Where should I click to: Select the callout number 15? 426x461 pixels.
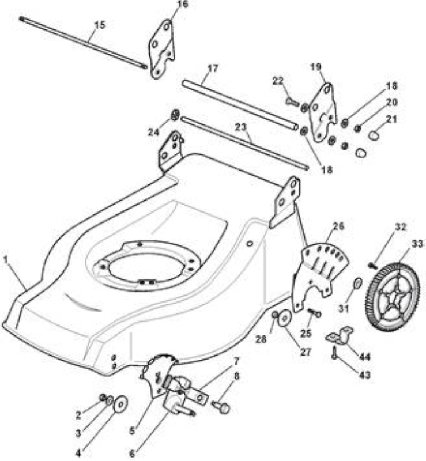coord(100,25)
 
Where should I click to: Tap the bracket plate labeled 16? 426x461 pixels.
coord(161,49)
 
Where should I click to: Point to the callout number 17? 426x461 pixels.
coord(212,68)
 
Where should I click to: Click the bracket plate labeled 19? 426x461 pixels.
coord(322,112)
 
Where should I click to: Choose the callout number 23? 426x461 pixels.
coord(240,127)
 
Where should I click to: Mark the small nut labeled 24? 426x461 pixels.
coord(175,115)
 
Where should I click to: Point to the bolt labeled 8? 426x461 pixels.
coord(221,407)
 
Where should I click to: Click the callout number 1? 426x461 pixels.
coord(5,259)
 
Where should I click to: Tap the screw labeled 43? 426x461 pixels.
coord(334,353)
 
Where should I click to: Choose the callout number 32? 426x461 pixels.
coord(400,227)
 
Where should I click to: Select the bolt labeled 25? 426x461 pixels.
coord(314,312)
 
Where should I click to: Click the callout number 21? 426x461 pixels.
coord(391,119)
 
